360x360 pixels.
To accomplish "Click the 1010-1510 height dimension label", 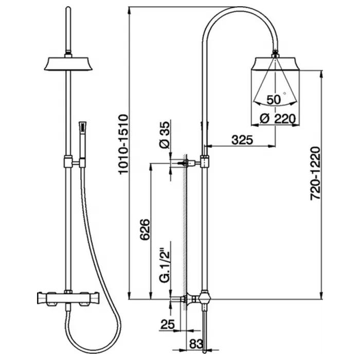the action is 123,145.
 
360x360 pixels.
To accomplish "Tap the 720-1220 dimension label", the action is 315,174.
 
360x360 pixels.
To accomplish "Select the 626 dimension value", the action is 145,229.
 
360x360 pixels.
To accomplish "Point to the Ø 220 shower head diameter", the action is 278,119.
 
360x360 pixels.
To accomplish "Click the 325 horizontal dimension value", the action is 242,140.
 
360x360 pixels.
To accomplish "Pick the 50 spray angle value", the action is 274,100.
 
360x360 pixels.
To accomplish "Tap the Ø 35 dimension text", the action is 165,135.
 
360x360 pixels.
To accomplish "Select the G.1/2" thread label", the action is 165,265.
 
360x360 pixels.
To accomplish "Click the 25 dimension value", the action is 167,325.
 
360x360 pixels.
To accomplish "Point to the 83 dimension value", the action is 196,344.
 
